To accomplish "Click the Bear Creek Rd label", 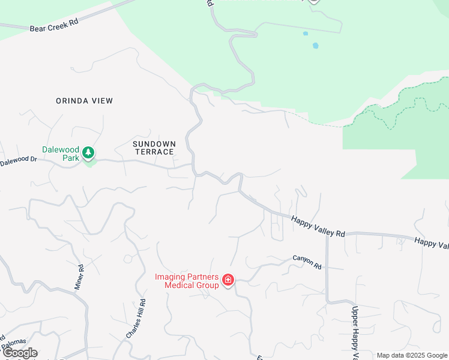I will click(54, 25).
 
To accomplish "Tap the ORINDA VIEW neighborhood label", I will click(84, 101).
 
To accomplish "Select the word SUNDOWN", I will click(154, 144).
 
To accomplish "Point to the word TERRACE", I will click(154, 152).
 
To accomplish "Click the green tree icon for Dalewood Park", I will click(89, 153).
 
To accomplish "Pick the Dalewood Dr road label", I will click(19, 161).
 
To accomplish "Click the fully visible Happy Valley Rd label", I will click(318, 226).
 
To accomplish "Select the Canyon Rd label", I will click(307, 262).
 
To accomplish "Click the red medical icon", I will click(228, 280).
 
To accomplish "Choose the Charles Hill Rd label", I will click(136, 320).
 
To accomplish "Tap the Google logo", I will click(20, 353).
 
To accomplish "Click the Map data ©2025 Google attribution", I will click(412, 355).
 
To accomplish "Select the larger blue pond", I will click(315, 46).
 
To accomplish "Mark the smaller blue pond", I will click(306, 34).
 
